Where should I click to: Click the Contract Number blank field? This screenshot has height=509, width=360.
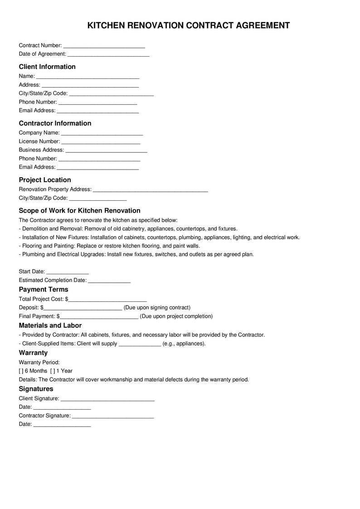point(104,46)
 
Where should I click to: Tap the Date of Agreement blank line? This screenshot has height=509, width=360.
point(108,54)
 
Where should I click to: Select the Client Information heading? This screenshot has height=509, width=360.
point(47,67)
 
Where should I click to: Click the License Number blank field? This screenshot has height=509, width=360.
point(101,142)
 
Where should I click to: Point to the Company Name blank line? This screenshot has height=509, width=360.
point(102,133)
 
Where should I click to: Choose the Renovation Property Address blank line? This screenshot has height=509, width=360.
point(150,190)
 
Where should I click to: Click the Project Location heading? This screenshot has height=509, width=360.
point(45,180)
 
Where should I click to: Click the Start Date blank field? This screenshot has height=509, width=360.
point(68,272)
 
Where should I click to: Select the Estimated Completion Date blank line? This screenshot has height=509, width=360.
point(109,281)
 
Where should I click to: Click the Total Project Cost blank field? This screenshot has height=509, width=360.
point(107,300)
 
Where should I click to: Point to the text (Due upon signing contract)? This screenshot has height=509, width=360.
point(157,308)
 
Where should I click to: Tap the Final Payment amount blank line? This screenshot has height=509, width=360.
point(99,317)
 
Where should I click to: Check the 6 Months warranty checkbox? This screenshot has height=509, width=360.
point(21,371)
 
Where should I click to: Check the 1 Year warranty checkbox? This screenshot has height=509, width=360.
point(52,371)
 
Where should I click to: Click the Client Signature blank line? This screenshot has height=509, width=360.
point(107,399)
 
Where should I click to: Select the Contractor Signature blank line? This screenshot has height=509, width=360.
point(113,416)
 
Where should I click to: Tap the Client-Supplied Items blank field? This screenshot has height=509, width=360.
point(140,344)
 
